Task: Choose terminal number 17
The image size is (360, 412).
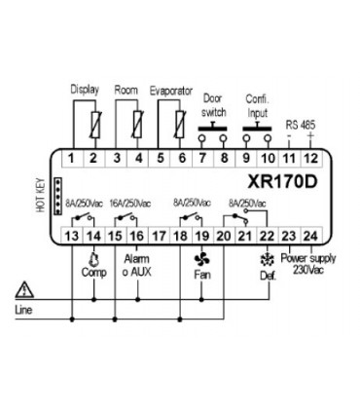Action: point(159,234)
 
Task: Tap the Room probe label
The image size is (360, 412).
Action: point(126,89)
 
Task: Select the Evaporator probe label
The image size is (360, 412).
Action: point(172,89)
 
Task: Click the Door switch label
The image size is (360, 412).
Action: point(213,105)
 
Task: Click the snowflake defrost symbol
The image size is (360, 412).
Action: point(266,259)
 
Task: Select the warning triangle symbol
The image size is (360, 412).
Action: point(23,288)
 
